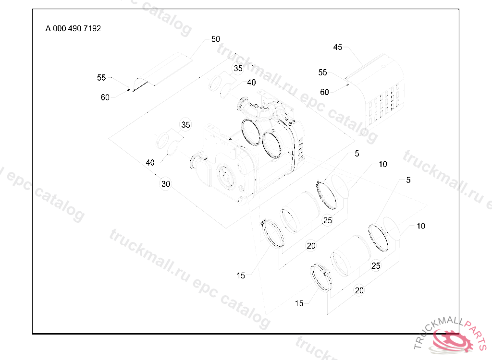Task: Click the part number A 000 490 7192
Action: [73, 28]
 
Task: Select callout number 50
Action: [216, 39]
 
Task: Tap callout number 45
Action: [338, 47]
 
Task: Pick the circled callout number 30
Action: [166, 184]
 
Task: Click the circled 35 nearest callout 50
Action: [238, 69]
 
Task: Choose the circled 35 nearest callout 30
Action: [186, 125]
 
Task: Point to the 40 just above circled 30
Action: [150, 163]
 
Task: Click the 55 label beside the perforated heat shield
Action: [322, 72]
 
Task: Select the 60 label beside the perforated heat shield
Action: [324, 92]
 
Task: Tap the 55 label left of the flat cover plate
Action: [101, 77]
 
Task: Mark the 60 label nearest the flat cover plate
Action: [105, 97]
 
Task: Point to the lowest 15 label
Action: [299, 303]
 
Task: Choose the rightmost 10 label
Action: [421, 226]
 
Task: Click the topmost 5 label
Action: [357, 154]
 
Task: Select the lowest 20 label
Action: [359, 290]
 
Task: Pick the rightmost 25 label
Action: [376, 265]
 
